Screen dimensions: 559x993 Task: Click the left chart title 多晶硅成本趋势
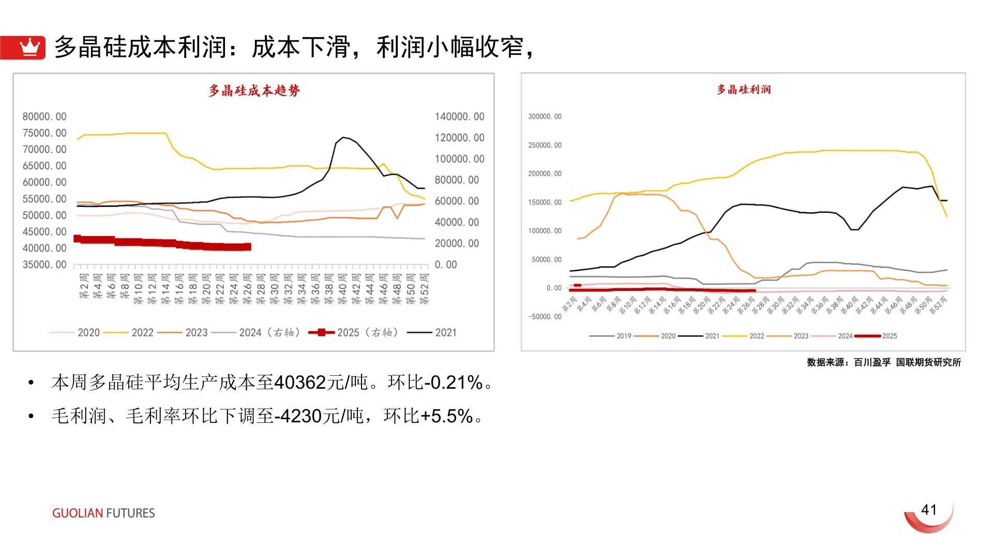tap(254, 91)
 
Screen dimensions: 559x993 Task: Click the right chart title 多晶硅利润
tap(743, 90)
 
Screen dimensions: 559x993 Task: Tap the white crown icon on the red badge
tap(29, 47)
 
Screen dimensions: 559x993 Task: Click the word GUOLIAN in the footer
tap(78, 513)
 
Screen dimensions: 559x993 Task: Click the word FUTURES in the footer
tap(130, 513)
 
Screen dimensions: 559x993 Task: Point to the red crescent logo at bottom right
tap(929, 519)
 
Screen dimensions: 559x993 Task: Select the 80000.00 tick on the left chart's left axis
tap(44, 116)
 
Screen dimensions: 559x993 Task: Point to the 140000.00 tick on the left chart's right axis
tap(459, 116)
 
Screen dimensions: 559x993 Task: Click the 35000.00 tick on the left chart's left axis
tap(44, 264)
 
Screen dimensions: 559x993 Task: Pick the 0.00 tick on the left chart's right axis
tap(446, 264)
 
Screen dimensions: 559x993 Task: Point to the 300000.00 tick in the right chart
tap(545, 116)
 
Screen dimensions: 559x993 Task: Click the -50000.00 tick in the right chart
tap(545, 316)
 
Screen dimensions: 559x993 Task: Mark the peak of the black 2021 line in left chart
tap(343, 137)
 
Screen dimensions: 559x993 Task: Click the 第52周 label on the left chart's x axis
tap(424, 289)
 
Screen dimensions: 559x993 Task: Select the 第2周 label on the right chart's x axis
tap(569, 304)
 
